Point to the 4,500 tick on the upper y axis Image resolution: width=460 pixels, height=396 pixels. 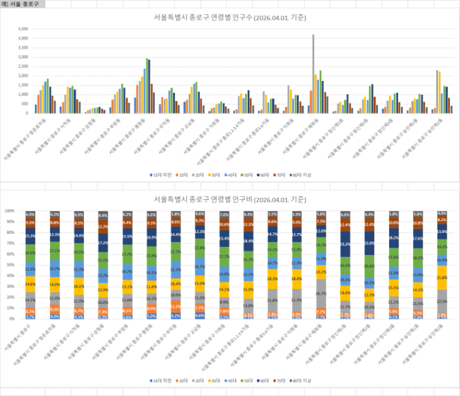pyautogui.click(x=24, y=29)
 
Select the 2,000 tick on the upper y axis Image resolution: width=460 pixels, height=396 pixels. pyautogui.click(x=24, y=76)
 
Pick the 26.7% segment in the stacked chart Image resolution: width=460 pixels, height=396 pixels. pyautogui.click(x=321, y=293)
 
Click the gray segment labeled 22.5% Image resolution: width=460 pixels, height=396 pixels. pyautogui.click(x=443, y=300)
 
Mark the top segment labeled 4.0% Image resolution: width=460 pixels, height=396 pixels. pyautogui.click(x=443, y=213)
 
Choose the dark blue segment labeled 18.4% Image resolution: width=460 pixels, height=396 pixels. pyautogui.click(x=248, y=241)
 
